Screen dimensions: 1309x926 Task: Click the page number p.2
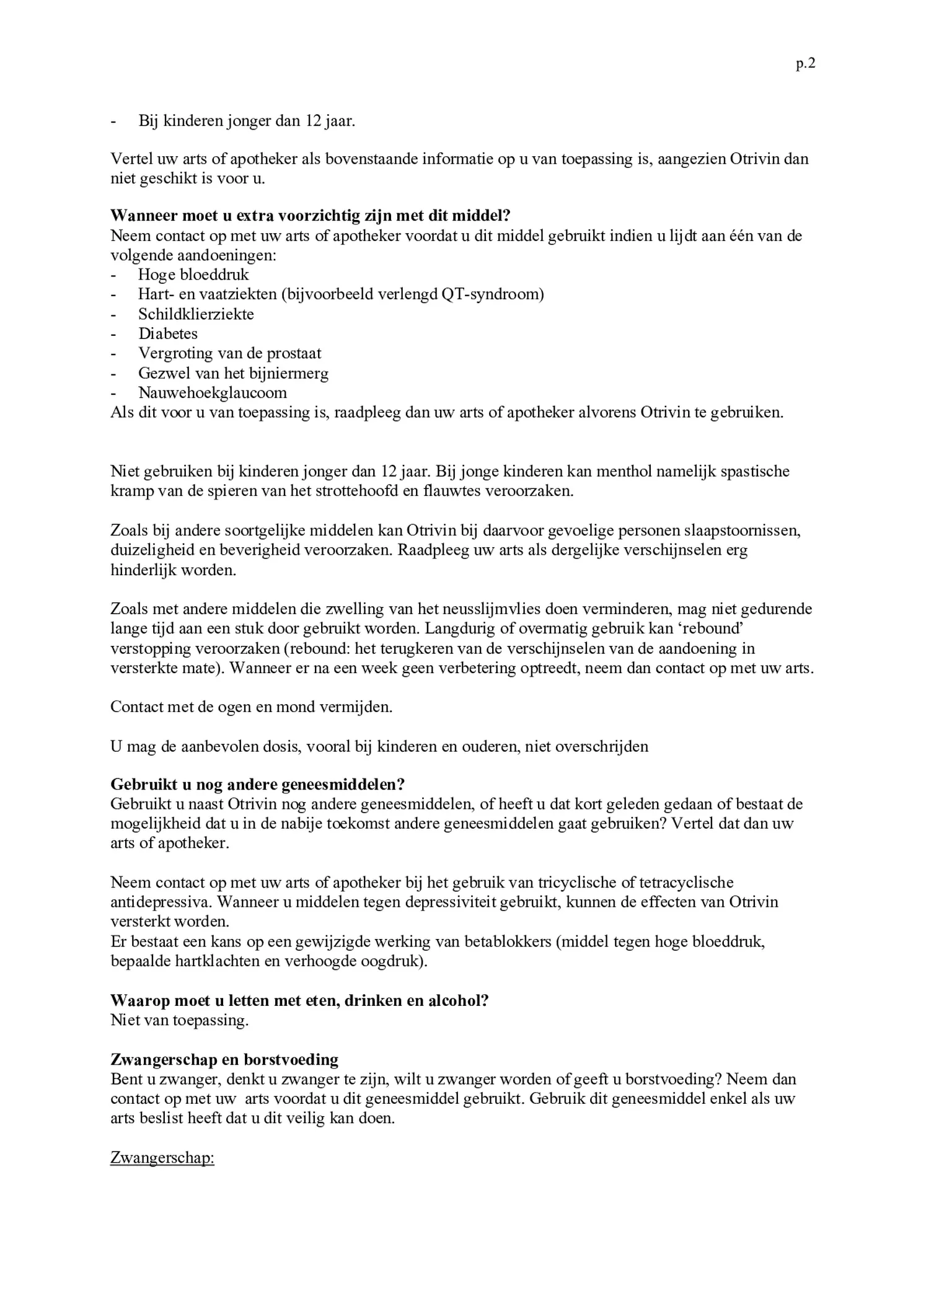point(805,64)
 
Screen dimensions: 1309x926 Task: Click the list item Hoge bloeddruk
point(193,275)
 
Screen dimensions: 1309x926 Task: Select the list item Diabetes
point(168,333)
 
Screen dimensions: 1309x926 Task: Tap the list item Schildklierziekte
point(196,314)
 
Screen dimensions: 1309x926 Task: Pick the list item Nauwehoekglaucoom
point(213,393)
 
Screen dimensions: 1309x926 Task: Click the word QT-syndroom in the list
point(492,294)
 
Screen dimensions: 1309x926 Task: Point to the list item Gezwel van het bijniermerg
point(233,373)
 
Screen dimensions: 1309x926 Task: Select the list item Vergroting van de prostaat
point(229,353)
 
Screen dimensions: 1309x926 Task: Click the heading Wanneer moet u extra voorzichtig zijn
point(310,216)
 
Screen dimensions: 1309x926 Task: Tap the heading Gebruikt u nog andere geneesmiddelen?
point(257,784)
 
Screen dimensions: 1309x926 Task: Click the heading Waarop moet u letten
point(299,1000)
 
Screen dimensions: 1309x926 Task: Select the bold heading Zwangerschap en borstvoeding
point(224,1059)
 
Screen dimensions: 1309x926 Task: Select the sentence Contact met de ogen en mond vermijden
point(251,707)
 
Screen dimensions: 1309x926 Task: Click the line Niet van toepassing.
point(179,1020)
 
